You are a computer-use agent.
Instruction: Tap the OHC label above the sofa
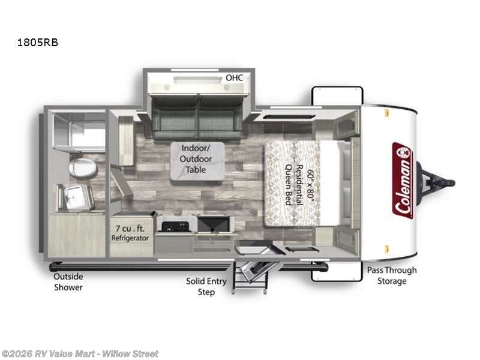click(x=233, y=78)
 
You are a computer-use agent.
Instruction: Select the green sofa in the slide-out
click(x=197, y=118)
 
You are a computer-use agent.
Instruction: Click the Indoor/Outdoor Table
click(x=196, y=161)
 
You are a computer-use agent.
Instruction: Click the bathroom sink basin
click(x=76, y=196)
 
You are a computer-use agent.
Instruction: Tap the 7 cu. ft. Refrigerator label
click(x=130, y=233)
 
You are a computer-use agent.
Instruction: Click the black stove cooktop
click(x=175, y=225)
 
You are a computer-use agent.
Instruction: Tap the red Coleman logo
click(x=403, y=180)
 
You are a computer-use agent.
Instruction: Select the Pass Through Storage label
click(x=391, y=275)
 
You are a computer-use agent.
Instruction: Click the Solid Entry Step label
click(x=206, y=286)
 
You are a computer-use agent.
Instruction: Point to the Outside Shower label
click(x=68, y=281)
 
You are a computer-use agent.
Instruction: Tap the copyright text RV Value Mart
click(x=79, y=353)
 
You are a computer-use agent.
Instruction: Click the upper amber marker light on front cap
click(x=386, y=116)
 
